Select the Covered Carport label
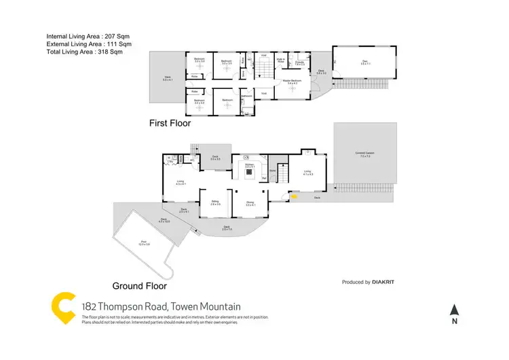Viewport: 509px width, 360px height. click(x=364, y=154)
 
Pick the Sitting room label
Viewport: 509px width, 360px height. click(x=214, y=202)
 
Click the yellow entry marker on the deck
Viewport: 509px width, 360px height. click(x=294, y=198)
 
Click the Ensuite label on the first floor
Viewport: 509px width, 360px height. click(x=299, y=62)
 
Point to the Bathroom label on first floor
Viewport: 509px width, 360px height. click(x=247, y=96)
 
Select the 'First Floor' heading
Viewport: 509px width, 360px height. click(x=170, y=124)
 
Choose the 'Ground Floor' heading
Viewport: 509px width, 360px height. click(x=138, y=285)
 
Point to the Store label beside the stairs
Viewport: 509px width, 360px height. click(x=273, y=170)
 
